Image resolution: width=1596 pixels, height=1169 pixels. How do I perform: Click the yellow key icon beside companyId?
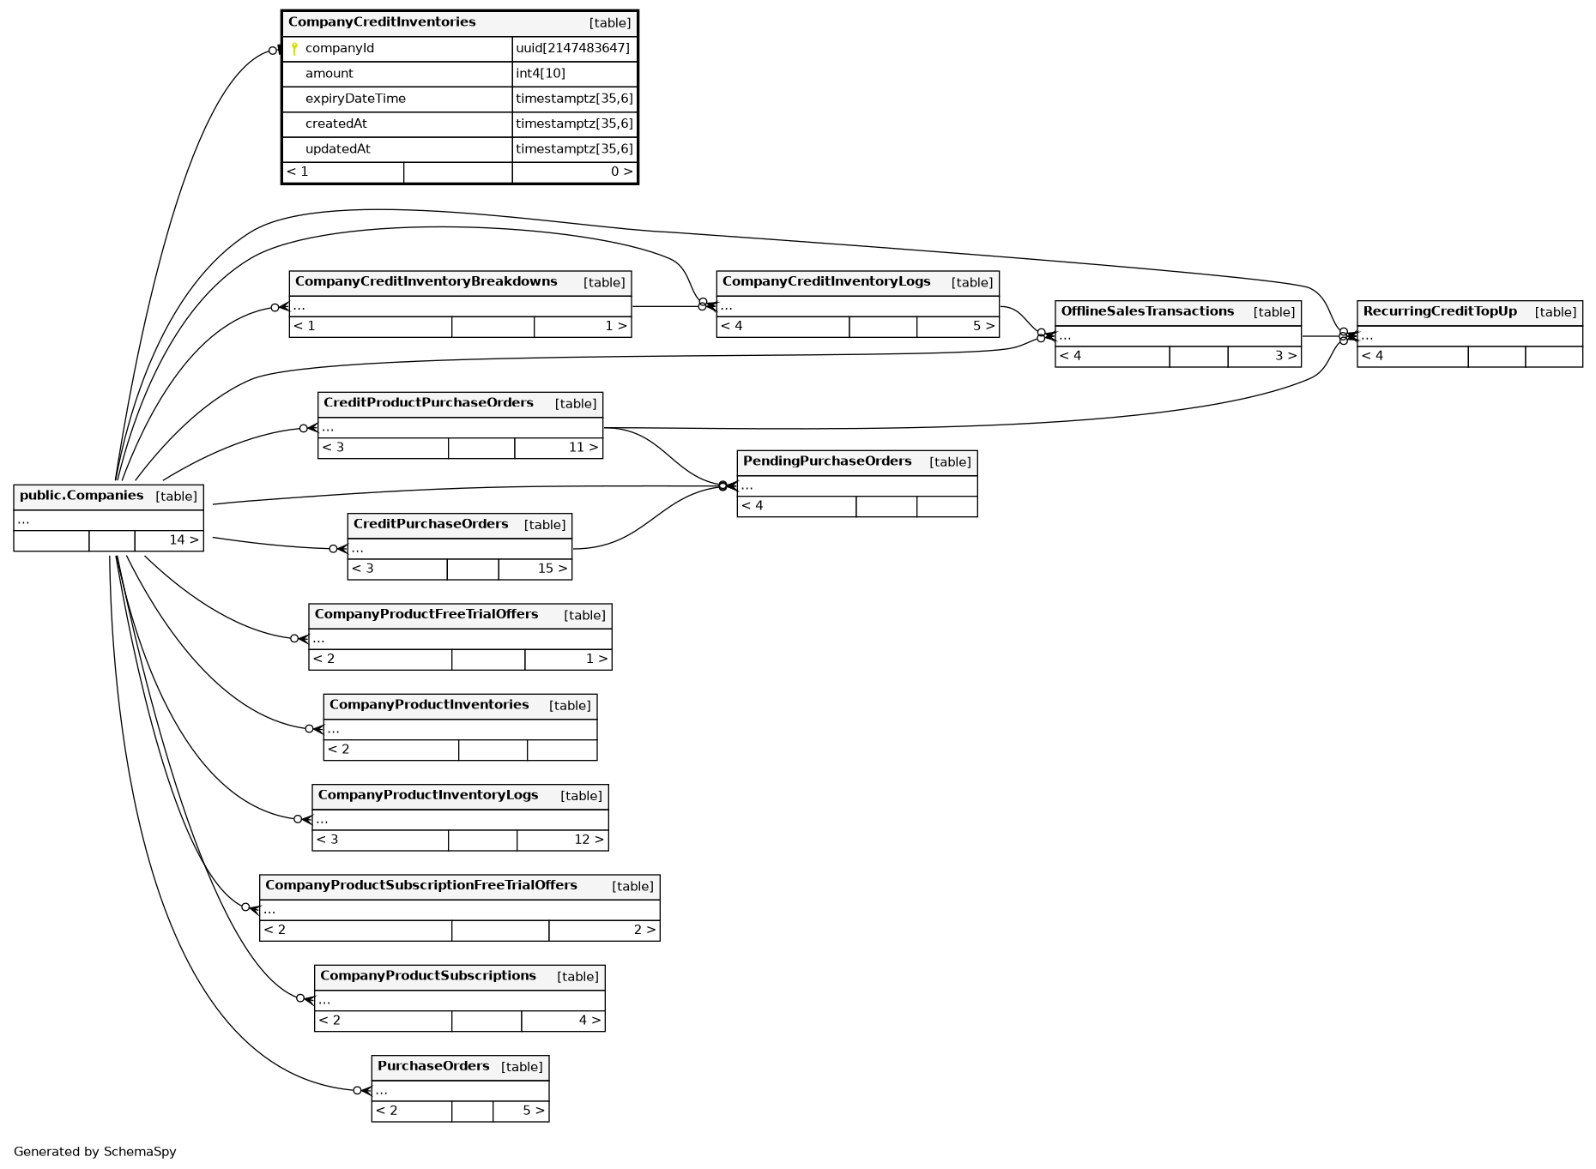coord(294,49)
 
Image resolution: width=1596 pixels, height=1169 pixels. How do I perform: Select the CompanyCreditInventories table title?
coord(382,22)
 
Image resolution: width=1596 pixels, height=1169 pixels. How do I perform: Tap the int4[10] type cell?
coord(541,74)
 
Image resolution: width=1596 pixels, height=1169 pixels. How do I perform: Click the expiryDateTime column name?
coord(355,99)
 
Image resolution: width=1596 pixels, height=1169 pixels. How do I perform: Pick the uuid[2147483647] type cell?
coord(572,49)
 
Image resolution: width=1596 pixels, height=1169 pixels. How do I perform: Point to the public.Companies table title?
coord(82,496)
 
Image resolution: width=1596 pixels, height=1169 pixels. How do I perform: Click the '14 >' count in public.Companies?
coord(184,540)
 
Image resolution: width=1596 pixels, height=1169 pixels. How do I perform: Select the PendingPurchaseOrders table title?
coord(827,461)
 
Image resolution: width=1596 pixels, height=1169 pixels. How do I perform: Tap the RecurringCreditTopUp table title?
coord(1440,311)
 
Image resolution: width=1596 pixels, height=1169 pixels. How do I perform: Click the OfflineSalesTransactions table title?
coord(1147,311)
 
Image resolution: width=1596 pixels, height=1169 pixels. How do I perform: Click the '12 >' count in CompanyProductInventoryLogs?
coord(589,840)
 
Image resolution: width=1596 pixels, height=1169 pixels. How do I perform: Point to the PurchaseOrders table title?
coord(433,1066)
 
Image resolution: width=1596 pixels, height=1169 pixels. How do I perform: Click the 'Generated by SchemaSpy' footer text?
coord(95,1152)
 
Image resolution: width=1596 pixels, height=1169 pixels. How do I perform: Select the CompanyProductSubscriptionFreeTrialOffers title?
coord(421,885)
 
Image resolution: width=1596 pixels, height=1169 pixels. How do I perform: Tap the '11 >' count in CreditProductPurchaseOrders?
coord(583,448)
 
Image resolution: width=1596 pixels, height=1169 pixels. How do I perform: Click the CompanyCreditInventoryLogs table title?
coord(826,281)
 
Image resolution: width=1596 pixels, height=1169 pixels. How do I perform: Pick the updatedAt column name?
coord(338,149)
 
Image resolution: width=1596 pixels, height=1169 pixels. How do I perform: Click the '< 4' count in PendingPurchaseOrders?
coord(753,506)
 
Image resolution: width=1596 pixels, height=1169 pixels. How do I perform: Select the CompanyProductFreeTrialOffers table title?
coord(426,614)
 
